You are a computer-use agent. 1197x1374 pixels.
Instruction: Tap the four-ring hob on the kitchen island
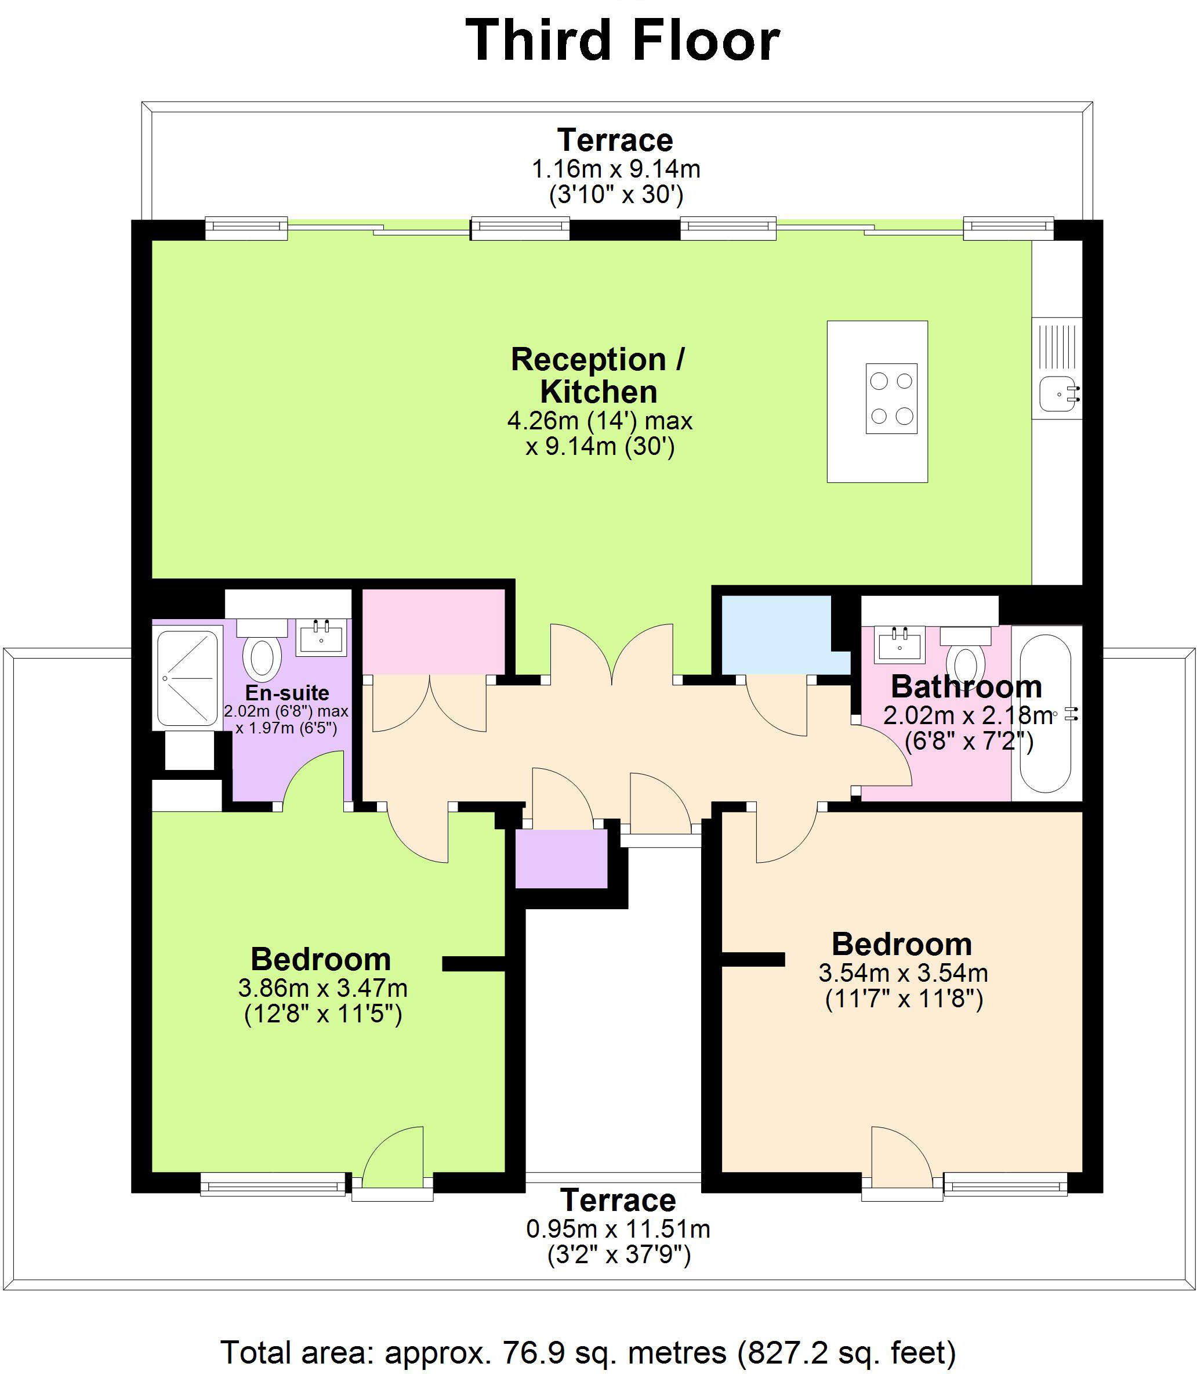(891, 398)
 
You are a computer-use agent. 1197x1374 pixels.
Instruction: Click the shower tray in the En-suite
(187, 678)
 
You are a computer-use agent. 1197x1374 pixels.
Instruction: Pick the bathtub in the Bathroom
(1046, 713)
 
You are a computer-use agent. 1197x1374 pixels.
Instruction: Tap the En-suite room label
(287, 692)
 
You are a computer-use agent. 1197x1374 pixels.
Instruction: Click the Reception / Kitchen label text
(598, 375)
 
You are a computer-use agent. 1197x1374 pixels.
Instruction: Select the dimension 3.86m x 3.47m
(322, 988)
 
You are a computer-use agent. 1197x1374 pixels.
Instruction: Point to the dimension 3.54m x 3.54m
(903, 972)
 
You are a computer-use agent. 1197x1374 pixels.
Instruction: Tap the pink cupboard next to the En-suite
(433, 631)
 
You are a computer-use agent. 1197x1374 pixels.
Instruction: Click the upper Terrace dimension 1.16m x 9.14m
(615, 169)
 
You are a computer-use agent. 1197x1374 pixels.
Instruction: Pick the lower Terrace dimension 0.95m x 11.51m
(618, 1228)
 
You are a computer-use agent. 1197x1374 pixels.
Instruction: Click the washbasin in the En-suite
(322, 638)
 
